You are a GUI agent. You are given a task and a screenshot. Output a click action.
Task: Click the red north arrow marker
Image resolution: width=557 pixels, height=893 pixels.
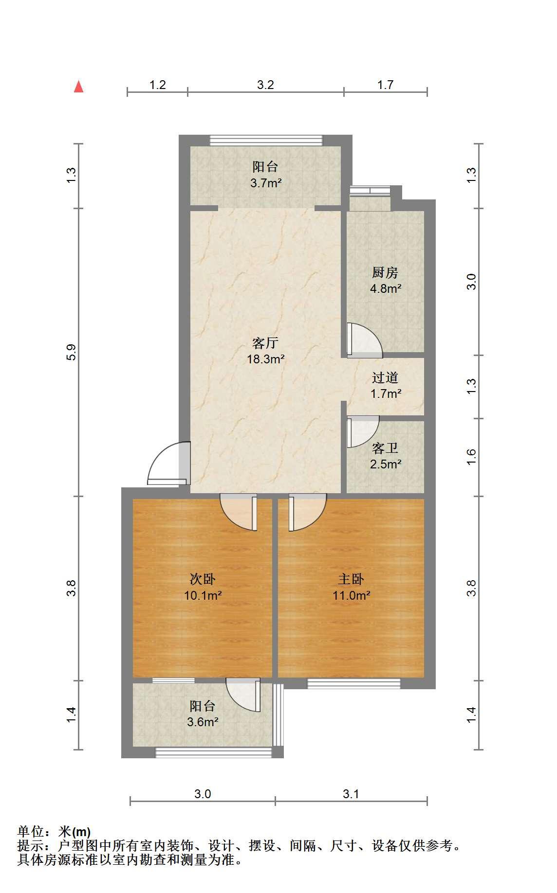point(78,87)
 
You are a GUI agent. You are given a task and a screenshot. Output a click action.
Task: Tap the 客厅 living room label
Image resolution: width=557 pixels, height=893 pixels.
point(265,343)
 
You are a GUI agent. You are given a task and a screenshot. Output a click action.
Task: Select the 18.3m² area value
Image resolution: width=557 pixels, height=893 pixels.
point(265,359)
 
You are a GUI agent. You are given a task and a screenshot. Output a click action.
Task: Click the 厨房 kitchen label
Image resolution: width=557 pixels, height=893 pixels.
point(385,272)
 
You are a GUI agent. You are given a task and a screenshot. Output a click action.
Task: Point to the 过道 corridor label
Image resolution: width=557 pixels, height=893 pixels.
point(385,377)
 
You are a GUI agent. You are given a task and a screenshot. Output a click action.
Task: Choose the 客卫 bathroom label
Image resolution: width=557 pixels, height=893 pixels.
point(385,447)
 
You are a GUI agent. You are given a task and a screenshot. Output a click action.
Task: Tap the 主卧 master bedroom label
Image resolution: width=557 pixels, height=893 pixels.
point(351,579)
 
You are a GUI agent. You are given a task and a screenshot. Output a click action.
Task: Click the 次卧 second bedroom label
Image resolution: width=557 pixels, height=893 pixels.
point(203,579)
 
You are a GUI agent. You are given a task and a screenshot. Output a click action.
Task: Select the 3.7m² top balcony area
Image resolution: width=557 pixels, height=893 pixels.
point(266,183)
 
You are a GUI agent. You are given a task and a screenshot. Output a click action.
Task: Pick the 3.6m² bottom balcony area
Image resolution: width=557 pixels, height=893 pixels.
point(203,722)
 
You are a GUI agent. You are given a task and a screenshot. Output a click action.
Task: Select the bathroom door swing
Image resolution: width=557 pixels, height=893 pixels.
point(363,431)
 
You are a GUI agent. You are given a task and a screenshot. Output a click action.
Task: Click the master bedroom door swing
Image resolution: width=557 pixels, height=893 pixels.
point(307,512)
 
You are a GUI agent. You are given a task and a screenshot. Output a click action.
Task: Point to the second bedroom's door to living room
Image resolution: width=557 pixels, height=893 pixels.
point(239,512)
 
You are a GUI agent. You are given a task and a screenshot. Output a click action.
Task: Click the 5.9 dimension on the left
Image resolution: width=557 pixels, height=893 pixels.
point(72,352)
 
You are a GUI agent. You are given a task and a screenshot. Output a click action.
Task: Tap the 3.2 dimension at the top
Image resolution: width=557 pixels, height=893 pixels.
point(265,85)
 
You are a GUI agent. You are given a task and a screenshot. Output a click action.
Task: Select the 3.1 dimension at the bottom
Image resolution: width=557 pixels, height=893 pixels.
point(351,794)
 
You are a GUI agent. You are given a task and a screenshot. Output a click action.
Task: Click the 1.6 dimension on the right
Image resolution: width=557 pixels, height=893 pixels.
point(471,457)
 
